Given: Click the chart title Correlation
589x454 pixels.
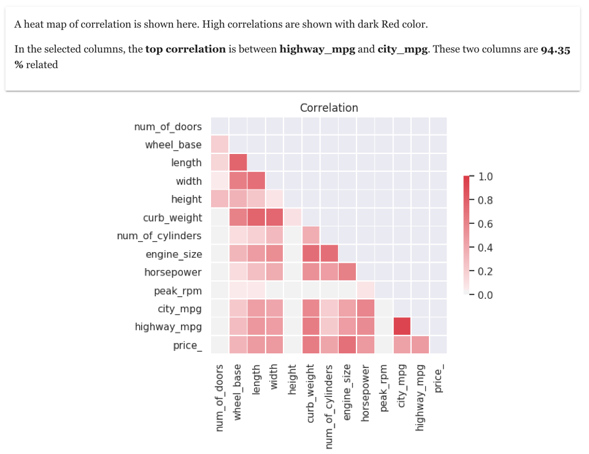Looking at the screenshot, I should point(329,108).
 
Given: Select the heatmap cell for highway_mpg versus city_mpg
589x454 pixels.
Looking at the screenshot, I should point(401,326).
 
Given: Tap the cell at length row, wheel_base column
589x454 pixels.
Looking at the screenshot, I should point(237,163).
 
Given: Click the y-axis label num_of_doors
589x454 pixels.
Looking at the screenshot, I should point(167,127).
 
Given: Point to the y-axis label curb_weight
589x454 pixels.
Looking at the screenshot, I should point(172,218).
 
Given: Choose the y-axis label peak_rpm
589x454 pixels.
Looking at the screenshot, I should point(177,290).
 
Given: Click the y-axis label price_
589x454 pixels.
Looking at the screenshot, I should point(187,345).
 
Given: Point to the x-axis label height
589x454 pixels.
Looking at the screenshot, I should point(292,380).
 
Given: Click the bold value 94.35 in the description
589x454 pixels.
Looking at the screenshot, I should point(555,50).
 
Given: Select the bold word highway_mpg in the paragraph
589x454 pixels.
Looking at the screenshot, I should point(317,50).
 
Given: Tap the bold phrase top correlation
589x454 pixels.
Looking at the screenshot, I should point(185,50).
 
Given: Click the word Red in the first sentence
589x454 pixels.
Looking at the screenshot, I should point(383,25).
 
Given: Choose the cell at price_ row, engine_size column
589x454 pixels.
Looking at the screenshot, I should point(347,345).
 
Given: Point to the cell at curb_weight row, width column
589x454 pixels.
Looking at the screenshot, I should point(274,217).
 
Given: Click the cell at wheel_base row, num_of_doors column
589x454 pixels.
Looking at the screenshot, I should point(220,145).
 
